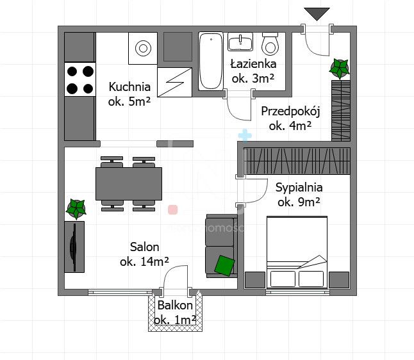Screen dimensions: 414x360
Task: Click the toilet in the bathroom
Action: (270, 44)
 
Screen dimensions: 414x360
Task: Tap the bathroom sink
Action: (240, 42)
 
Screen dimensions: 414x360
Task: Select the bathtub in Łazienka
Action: (211, 61)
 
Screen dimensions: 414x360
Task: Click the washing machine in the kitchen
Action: (143, 48)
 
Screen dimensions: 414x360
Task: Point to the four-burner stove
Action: (80, 79)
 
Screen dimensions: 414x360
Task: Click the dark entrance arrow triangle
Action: (317, 14)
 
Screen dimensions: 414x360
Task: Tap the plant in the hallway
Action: (339, 69)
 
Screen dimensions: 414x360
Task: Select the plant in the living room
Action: (76, 209)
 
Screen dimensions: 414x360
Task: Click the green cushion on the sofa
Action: (224, 266)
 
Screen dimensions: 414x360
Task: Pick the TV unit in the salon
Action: (74, 247)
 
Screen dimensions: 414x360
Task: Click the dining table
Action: (129, 184)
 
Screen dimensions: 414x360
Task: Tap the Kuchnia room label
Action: (129, 86)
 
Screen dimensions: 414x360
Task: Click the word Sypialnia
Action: (299, 188)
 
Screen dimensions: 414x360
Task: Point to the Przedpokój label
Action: (290, 111)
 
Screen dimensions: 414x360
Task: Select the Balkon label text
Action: (175, 306)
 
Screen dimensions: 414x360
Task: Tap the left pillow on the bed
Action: (283, 279)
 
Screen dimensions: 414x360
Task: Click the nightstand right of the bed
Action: (339, 280)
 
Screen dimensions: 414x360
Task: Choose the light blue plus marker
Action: (245, 136)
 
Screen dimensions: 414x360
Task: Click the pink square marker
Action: (172, 210)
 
